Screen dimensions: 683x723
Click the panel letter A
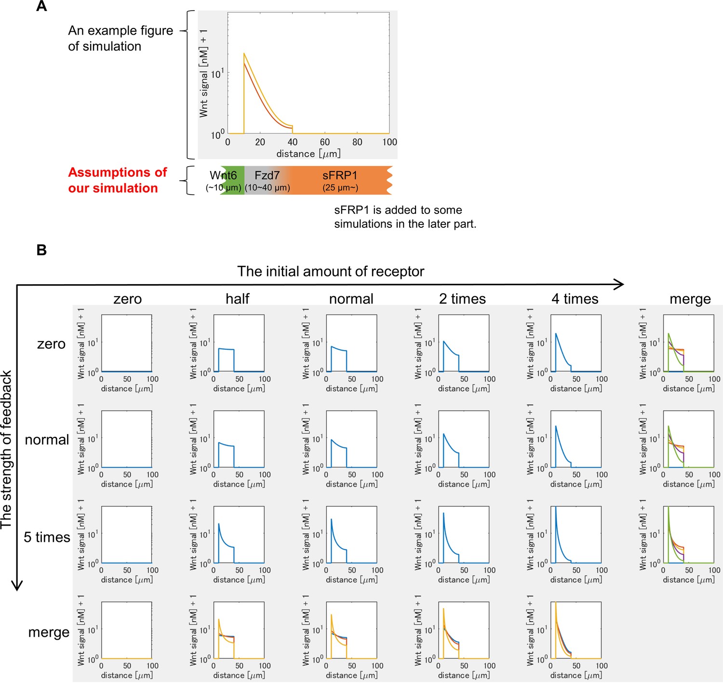click(x=42, y=6)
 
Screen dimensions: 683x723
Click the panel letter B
click(x=41, y=250)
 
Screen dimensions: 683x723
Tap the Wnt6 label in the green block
click(x=223, y=175)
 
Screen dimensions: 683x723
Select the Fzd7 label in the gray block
click(x=267, y=175)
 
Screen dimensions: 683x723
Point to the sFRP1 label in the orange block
click(x=340, y=175)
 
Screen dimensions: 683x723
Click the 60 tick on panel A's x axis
click(x=325, y=142)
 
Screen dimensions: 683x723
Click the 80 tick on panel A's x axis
click(x=357, y=142)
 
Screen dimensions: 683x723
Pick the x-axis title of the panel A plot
click(x=308, y=154)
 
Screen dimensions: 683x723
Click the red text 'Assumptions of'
click(x=118, y=172)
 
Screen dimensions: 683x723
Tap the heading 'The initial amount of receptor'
click(x=331, y=272)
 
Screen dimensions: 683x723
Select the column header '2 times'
click(x=462, y=299)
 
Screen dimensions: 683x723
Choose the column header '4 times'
click(x=575, y=299)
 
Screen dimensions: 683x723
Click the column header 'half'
click(x=238, y=299)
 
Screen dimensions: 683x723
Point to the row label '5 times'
click(x=47, y=537)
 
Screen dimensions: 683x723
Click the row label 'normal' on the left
click(x=47, y=440)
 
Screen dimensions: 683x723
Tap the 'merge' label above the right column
click(x=690, y=300)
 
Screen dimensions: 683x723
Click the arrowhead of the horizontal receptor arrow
click(x=620, y=284)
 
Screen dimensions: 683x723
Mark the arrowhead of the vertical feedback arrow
click(x=17, y=586)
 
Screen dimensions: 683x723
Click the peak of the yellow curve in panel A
click(x=244, y=53)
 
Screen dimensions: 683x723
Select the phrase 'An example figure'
click(x=120, y=31)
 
